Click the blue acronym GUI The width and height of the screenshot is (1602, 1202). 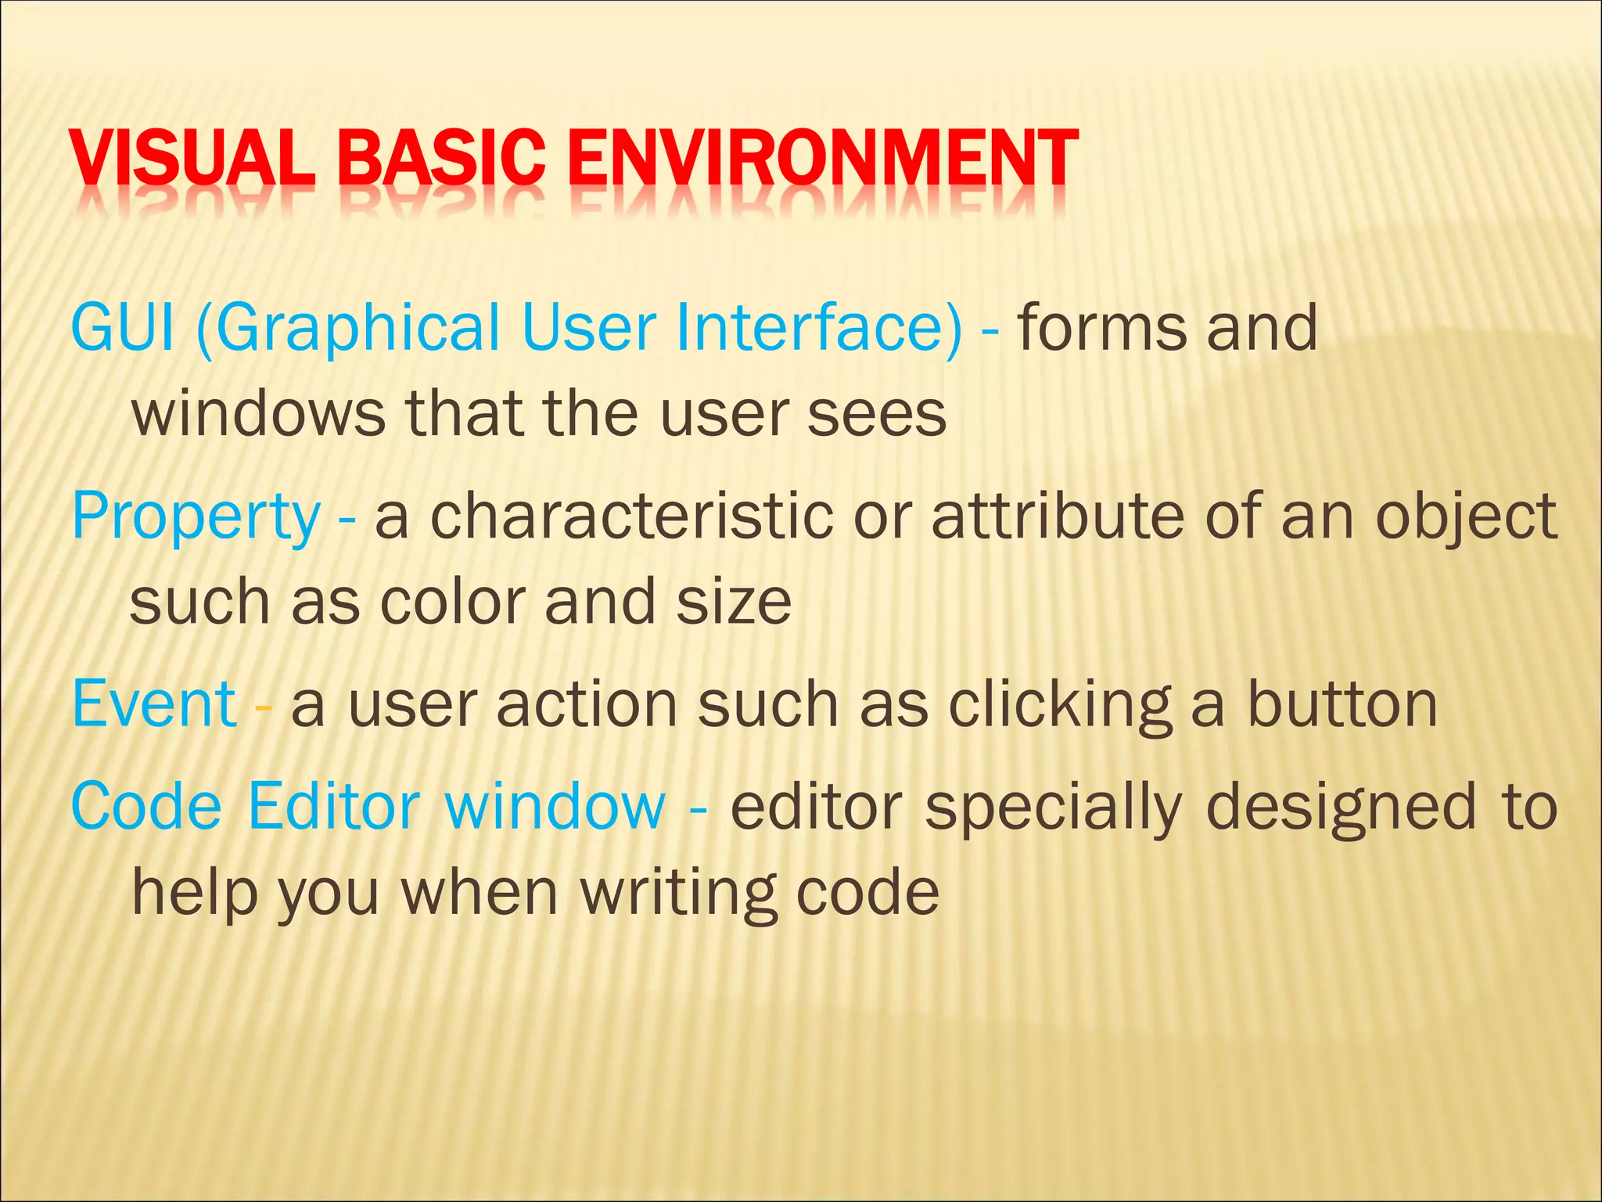[x=122, y=328]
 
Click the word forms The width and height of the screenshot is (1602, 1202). [x=1101, y=328]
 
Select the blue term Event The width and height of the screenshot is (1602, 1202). [x=154, y=704]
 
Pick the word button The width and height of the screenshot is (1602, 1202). [x=1342, y=704]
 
